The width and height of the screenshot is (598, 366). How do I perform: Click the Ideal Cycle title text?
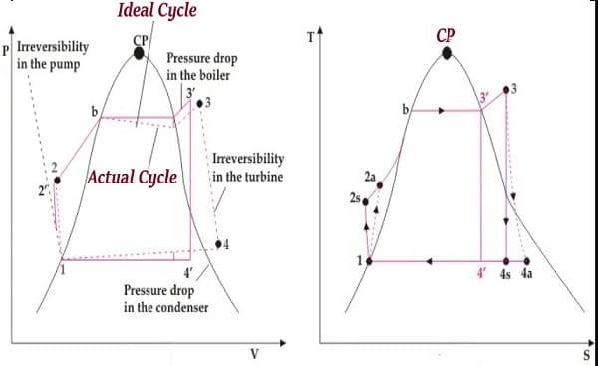tap(157, 10)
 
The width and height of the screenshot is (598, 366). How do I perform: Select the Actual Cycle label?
tap(133, 178)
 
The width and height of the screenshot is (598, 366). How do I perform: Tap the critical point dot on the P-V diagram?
tap(139, 53)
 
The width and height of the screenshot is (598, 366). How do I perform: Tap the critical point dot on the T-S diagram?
tap(447, 53)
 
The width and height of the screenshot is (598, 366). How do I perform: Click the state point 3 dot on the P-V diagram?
tap(199, 103)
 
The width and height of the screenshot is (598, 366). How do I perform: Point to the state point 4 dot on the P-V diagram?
tap(218, 244)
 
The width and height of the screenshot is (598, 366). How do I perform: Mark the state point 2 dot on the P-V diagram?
tap(57, 180)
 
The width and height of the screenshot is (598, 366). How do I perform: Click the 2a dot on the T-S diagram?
tap(380, 185)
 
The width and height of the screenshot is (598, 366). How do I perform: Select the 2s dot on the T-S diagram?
tap(365, 202)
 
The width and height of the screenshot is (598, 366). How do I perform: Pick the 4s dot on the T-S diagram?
tap(506, 261)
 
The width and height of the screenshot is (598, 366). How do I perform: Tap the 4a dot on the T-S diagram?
tap(526, 261)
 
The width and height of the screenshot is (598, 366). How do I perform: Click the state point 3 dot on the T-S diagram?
tap(506, 90)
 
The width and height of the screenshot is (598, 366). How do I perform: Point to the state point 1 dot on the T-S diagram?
tap(369, 261)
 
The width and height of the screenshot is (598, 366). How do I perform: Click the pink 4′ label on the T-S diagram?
tap(482, 273)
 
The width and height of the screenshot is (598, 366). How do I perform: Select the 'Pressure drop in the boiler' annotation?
tap(202, 67)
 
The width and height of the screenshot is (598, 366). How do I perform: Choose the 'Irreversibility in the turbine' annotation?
tap(248, 168)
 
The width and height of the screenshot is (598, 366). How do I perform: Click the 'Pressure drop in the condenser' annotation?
tap(165, 299)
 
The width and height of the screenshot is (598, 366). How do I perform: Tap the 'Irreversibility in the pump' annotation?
tap(53, 55)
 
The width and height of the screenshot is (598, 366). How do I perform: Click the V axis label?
tap(255, 355)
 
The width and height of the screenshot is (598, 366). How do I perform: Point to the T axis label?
tap(311, 38)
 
